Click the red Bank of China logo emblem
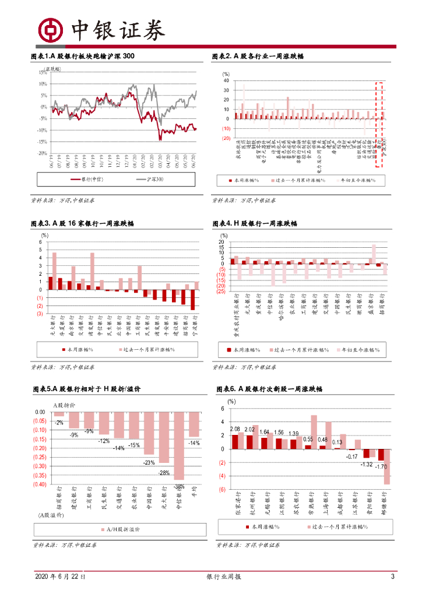[50, 29]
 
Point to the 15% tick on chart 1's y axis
[43, 72]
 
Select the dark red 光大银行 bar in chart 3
[51, 283]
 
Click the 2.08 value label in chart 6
[235, 429]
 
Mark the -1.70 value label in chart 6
[382, 466]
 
